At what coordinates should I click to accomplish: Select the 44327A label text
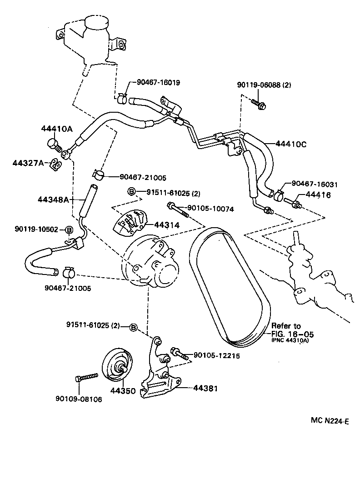(x=29, y=163)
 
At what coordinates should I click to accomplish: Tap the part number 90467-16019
(x=159, y=83)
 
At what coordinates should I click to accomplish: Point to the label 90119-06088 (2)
(x=264, y=85)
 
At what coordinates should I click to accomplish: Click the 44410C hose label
(x=291, y=144)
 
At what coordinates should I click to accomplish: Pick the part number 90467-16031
(x=315, y=184)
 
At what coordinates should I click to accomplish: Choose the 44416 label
(x=318, y=195)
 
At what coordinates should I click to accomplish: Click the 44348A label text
(x=54, y=199)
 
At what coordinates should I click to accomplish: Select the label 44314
(x=166, y=225)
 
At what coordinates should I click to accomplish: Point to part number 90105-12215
(x=217, y=355)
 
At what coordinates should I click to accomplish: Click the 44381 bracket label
(x=205, y=388)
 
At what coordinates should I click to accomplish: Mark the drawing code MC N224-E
(x=330, y=421)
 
